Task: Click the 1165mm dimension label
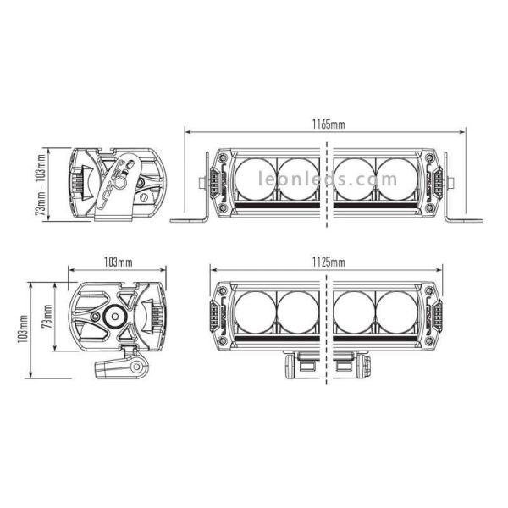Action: pyautogui.click(x=327, y=125)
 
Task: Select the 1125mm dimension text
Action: pyautogui.click(x=327, y=262)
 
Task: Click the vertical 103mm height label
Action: pyautogui.click(x=21, y=328)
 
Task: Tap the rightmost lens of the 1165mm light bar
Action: pyautogui.click(x=398, y=179)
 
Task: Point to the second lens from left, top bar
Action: pyautogui.click(x=298, y=179)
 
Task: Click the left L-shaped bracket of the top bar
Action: pyautogui.click(x=193, y=207)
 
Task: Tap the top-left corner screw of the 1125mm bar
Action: pyautogui.click(x=223, y=290)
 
